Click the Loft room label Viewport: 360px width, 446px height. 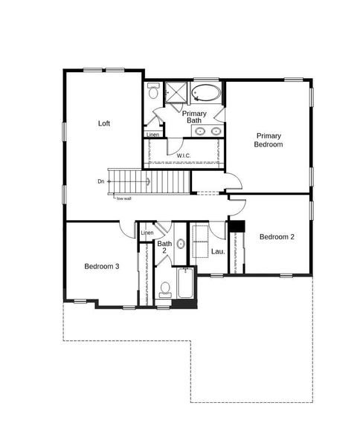click(104, 123)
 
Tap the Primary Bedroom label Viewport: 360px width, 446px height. click(269, 140)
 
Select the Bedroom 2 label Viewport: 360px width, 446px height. click(277, 237)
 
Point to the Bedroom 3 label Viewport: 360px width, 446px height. click(101, 266)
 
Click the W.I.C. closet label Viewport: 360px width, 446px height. click(184, 155)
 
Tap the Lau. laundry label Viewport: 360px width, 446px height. click(217, 251)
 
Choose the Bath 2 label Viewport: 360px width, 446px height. click(164, 248)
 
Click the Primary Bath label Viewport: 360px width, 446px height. click(194, 117)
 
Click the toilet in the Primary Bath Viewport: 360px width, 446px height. click(153, 93)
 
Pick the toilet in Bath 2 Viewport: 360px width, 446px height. click(165, 288)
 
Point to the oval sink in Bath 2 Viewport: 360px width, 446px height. click(180, 244)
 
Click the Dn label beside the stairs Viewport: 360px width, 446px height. click(100, 181)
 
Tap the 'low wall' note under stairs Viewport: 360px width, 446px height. click(123, 198)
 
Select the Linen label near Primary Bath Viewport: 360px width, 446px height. click(152, 135)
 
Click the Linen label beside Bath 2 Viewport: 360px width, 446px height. click(147, 233)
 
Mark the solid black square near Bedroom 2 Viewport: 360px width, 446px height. click(237, 227)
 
